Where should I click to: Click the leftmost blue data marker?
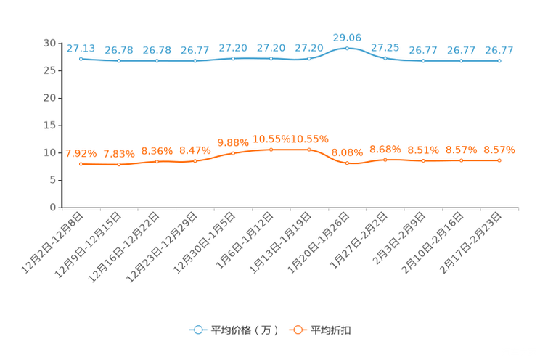(81, 58)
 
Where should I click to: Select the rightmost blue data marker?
(499, 61)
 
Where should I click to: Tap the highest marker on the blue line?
(347, 48)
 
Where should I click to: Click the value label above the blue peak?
(347, 36)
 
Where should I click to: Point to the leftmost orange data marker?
(81, 164)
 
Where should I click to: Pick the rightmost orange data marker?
(499, 160)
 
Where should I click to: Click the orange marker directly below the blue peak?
(347, 163)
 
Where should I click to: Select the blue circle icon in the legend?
(197, 330)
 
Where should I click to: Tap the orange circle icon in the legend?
(297, 330)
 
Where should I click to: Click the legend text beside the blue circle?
(245, 330)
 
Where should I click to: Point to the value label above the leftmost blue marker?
(81, 48)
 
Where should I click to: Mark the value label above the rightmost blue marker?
(499, 50)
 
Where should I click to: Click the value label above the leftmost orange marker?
(81, 153)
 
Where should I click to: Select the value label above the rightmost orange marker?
(499, 150)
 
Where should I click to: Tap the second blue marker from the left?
(119, 61)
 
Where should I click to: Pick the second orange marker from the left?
(119, 165)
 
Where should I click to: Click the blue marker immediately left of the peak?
(309, 58)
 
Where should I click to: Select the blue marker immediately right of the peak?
(385, 58)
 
